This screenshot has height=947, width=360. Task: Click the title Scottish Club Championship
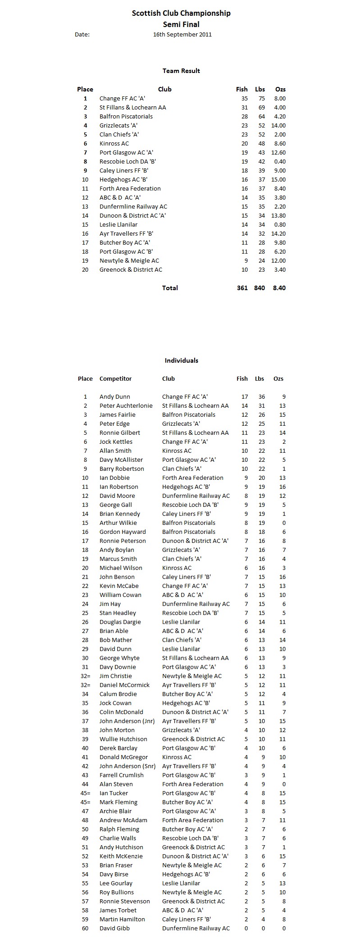pos(181,14)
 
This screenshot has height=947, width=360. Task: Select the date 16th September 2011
pos(182,34)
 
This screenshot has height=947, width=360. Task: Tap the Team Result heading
pos(181,71)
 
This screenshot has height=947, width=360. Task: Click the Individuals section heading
pos(181,360)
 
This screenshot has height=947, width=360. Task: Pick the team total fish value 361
pos(242,288)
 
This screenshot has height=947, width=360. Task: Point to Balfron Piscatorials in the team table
pos(126,116)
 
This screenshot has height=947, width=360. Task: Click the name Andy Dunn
pos(114,396)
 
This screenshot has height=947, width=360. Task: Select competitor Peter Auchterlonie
pos(126,405)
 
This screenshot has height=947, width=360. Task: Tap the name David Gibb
pos(114,928)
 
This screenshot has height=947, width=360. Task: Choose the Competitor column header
pos(115,378)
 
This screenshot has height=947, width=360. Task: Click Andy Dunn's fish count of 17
pos(244,396)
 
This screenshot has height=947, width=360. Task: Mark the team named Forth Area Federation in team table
pos(130,188)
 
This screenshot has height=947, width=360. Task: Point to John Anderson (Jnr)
pos(127,721)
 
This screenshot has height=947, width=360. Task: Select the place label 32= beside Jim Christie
pos(85,676)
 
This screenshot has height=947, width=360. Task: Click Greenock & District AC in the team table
pos(131,269)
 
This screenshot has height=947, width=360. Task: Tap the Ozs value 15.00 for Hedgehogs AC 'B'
pos(278,179)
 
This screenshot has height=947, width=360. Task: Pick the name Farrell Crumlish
pos(121,775)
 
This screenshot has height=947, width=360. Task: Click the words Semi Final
pos(181,24)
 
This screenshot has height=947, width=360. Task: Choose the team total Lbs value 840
pos(260,288)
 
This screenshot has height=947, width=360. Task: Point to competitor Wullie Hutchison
pos(123,739)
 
